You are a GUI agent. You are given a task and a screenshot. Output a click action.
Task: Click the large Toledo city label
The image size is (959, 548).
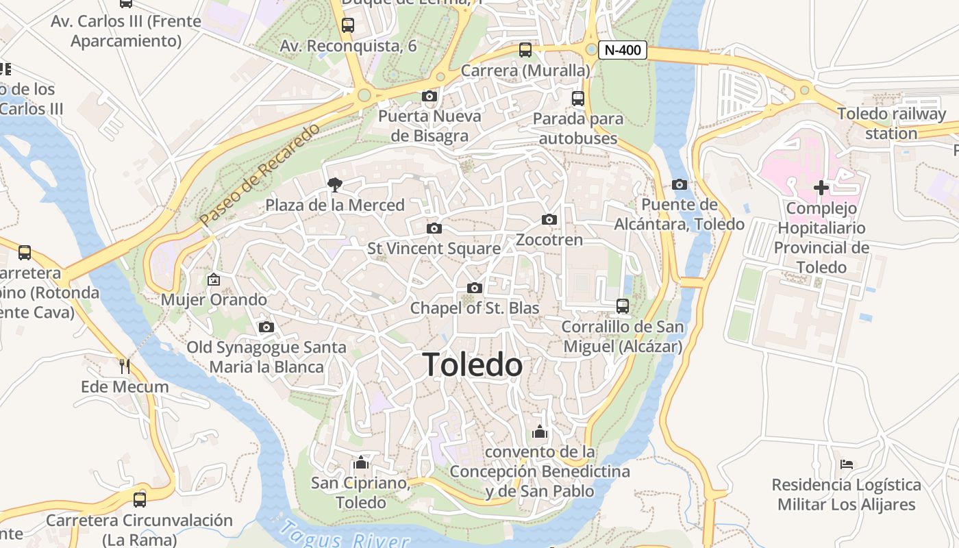coord(473,364)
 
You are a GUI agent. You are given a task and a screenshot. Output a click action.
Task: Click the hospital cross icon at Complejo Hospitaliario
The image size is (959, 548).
coord(821,187)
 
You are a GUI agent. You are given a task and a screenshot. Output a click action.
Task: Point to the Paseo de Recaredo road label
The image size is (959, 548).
coord(260,175)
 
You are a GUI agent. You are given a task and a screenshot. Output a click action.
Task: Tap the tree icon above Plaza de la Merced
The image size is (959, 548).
coord(334,184)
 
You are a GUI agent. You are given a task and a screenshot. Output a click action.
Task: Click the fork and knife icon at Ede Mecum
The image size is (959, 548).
coord(124,366)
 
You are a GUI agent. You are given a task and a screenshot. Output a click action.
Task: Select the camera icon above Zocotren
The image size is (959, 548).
coord(549,220)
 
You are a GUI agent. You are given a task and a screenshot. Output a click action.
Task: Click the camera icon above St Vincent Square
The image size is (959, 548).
coord(434,228)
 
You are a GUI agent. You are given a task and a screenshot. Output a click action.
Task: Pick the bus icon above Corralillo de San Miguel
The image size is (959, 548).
coord(622,306)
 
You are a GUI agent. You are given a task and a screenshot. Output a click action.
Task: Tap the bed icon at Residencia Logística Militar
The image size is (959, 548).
coord(846,464)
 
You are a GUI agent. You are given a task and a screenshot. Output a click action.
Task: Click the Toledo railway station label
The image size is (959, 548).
coord(891,123)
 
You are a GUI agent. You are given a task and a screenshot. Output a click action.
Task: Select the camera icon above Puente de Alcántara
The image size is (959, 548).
coord(679,184)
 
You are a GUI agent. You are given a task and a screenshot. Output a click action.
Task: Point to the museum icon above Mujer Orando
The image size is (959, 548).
coord(213,279)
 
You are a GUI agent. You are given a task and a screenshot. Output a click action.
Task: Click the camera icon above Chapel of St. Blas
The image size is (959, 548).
coord(474,288)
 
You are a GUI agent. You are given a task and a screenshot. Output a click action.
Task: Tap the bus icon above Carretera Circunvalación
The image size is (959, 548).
coord(140,499)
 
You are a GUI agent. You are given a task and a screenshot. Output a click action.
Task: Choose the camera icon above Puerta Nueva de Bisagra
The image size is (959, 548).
coord(429,96)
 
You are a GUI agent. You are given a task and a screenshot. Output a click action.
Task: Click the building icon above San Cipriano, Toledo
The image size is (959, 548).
coord(361,462)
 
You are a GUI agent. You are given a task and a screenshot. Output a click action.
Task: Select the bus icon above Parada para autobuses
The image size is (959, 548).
coord(577,98)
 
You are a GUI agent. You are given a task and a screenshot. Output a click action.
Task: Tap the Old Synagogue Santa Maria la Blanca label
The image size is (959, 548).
coord(266,357)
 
